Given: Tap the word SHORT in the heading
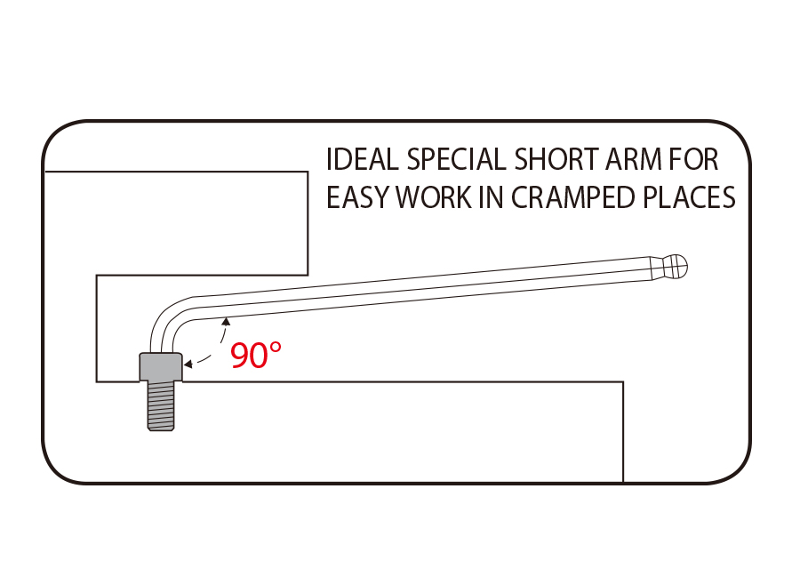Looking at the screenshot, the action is (556, 159).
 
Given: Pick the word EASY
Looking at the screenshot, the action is (358, 197).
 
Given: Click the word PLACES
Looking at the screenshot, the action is (689, 197).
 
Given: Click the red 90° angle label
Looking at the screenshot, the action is (256, 355).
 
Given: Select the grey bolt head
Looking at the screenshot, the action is (161, 366).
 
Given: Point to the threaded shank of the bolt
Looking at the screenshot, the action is (161, 405).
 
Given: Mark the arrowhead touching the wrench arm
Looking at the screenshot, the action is (226, 322).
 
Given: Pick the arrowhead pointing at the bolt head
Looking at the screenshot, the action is (188, 364).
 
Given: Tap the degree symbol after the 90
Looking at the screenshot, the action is (275, 348).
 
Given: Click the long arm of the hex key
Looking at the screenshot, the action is (423, 287).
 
